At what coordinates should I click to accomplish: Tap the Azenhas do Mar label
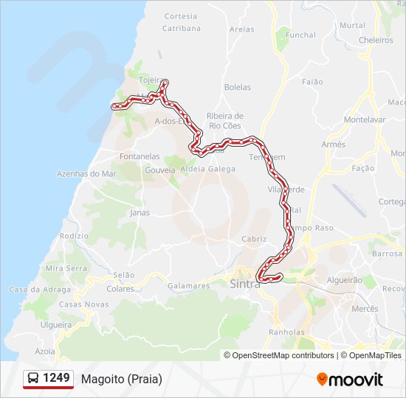click(87, 174)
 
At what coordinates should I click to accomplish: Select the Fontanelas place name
click(140, 156)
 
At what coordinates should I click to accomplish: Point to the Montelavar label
click(365, 119)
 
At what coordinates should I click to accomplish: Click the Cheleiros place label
click(376, 41)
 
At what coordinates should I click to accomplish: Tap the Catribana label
click(182, 29)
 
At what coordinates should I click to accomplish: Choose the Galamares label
click(189, 285)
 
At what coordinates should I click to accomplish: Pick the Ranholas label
click(286, 332)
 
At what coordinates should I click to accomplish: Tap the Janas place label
click(140, 213)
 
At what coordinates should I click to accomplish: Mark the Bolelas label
click(238, 87)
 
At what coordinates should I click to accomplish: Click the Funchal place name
click(300, 35)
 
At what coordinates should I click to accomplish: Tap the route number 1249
click(57, 378)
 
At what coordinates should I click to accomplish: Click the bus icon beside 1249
click(33, 379)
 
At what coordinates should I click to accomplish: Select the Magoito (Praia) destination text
click(122, 379)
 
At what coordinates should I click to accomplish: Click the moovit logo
click(350, 380)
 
